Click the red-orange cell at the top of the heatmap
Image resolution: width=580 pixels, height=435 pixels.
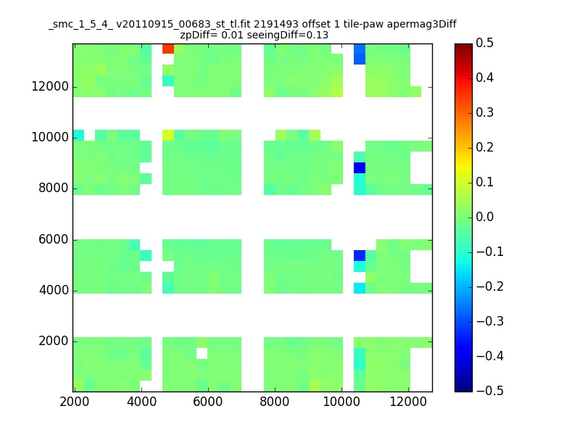(x=168, y=49)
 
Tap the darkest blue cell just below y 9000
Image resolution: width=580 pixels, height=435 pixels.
(x=360, y=168)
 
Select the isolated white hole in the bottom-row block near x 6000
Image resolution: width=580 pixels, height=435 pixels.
(x=202, y=353)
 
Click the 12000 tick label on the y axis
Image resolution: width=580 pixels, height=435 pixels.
(x=51, y=87)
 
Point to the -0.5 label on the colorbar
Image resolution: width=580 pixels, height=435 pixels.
(x=490, y=391)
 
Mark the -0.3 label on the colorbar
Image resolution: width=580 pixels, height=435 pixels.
(x=490, y=321)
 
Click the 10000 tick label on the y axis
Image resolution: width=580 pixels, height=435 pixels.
(x=51, y=138)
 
